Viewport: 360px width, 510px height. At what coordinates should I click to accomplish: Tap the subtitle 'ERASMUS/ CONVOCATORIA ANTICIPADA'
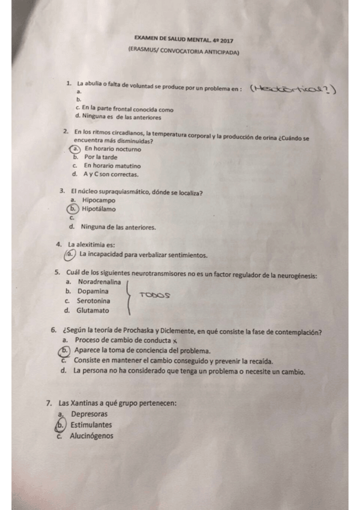[183, 52]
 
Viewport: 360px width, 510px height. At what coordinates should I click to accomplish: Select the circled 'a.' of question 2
[75, 148]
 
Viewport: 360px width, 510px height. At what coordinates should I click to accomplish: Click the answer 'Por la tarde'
[101, 156]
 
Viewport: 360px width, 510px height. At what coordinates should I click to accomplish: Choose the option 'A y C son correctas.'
[111, 174]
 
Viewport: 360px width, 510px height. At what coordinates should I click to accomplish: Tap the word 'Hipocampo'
[99, 200]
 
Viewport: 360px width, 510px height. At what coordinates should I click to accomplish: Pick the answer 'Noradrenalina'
[99, 281]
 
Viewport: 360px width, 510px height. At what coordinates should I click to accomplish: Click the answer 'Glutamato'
[93, 310]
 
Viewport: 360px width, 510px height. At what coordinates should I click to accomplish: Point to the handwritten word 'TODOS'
[154, 295]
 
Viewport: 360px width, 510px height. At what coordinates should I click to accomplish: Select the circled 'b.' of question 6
[64, 351]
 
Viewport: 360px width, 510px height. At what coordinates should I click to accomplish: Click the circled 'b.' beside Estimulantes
[59, 425]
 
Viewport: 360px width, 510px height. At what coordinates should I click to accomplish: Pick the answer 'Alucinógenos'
[91, 436]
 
